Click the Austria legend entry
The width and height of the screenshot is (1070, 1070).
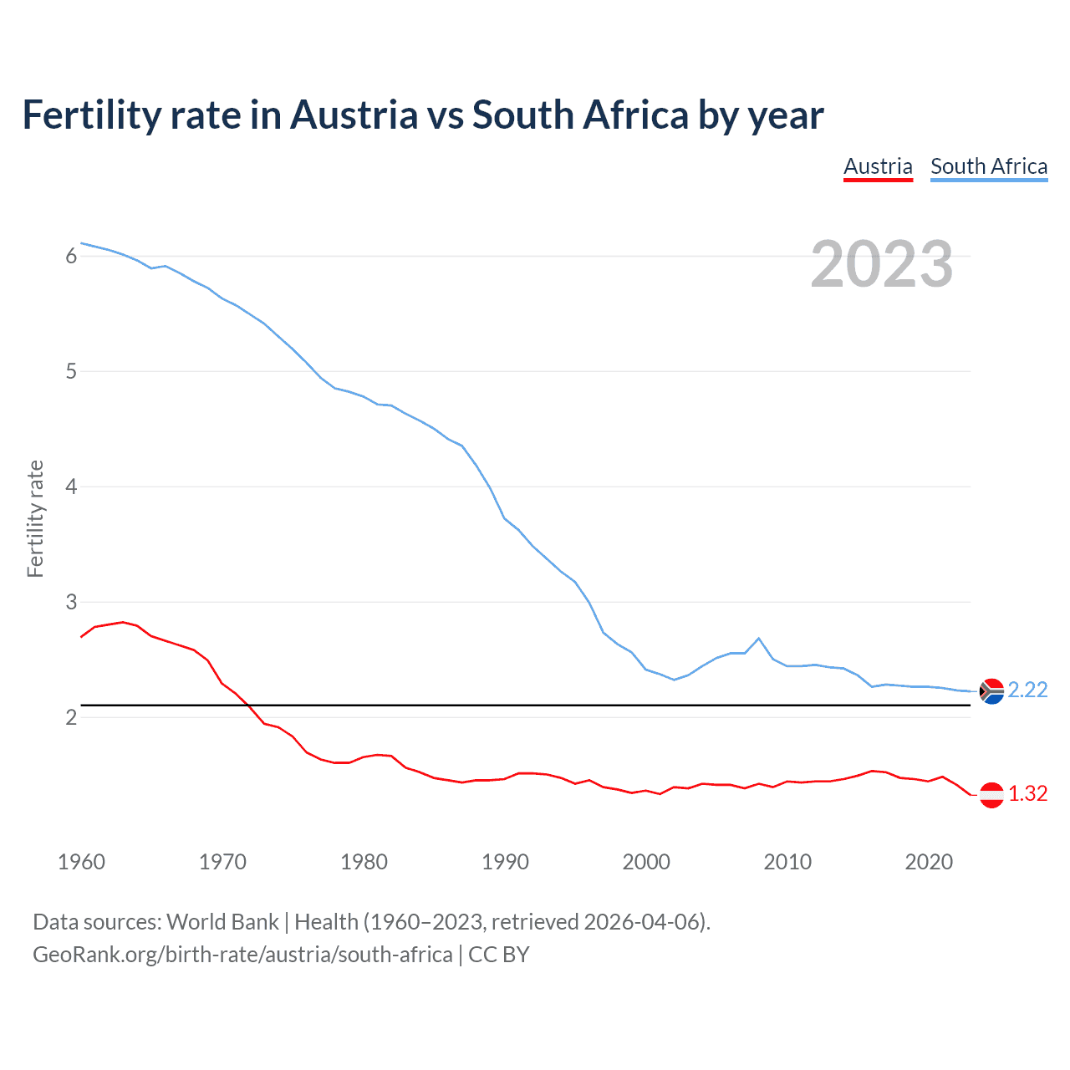[878, 166]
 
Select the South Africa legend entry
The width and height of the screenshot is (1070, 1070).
[989, 166]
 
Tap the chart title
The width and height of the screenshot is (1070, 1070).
[423, 115]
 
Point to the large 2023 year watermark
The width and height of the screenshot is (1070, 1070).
[881, 264]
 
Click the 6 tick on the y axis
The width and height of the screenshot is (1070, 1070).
[71, 256]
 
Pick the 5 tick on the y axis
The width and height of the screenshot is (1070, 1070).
[71, 371]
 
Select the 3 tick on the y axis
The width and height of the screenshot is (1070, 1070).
[71, 602]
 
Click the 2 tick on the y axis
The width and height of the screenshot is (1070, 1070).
[71, 717]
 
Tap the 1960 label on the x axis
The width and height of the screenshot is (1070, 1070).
[81, 862]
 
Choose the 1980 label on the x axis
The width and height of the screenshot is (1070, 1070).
[364, 862]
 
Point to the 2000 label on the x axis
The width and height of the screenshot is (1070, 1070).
[646, 862]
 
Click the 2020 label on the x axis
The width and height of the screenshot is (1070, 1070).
[929, 862]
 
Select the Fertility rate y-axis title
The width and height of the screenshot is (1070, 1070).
[35, 518]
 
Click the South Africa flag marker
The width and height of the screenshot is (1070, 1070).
[991, 691]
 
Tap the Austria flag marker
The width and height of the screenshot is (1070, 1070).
[991, 795]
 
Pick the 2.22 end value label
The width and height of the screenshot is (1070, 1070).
[1027, 690]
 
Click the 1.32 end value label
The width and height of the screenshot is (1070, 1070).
[1027, 793]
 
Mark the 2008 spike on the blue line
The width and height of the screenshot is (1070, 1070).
[758, 639]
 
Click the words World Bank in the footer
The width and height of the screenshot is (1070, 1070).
[222, 922]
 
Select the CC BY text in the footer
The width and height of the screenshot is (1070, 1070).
[499, 955]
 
